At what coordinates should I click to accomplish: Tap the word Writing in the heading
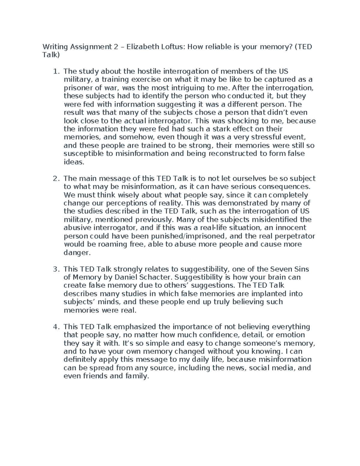[55, 47]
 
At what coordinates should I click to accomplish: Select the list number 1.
[55, 71]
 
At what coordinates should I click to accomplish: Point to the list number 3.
[55, 269]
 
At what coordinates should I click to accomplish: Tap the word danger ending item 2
[76, 253]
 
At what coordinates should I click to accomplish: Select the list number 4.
[55, 326]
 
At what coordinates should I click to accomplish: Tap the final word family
[136, 376]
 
